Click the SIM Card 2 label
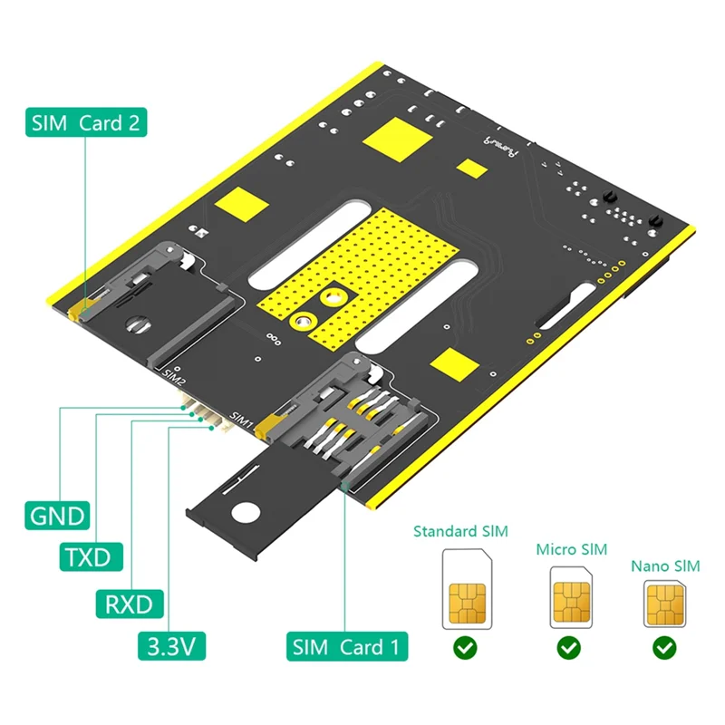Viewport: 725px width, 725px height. [85, 122]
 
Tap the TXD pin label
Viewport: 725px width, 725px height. [91, 556]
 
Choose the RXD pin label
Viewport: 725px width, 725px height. [130, 602]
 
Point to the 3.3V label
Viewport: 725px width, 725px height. [172, 646]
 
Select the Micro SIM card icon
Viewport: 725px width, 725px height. [570, 598]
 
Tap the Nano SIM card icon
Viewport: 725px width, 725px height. [665, 604]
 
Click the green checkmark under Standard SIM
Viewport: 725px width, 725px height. [466, 649]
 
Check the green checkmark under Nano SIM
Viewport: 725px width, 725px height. [665, 649]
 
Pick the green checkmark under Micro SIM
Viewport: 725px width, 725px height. [569, 649]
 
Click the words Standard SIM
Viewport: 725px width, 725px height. [460, 531]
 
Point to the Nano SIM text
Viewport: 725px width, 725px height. [665, 566]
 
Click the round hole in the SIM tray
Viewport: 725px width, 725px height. [245, 513]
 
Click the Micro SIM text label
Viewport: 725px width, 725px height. [571, 549]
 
